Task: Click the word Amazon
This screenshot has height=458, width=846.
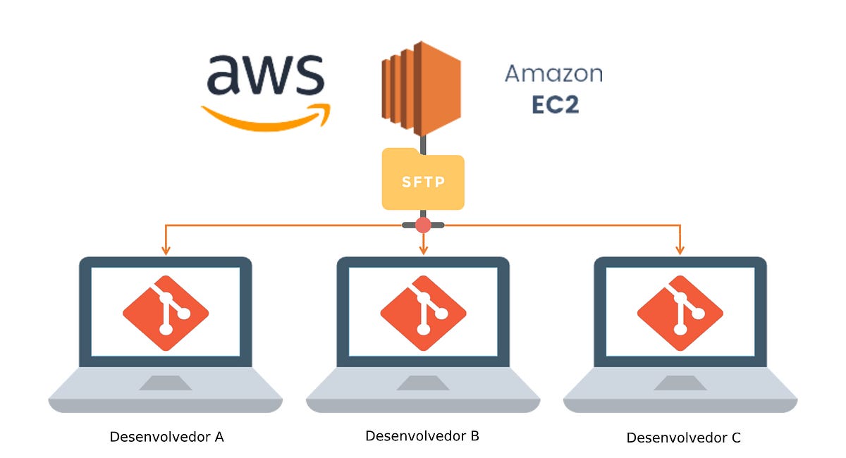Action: [553, 73]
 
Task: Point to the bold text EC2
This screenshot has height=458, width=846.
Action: [554, 105]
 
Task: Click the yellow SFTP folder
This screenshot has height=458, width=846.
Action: [423, 181]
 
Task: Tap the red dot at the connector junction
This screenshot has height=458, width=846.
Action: [423, 225]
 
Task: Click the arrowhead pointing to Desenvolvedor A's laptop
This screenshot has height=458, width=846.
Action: [166, 249]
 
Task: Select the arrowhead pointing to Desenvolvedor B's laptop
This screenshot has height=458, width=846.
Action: [423, 249]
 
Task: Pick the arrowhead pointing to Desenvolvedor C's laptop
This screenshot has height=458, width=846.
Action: [680, 249]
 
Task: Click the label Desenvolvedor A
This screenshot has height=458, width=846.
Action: [166, 437]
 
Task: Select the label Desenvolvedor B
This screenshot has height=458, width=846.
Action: [422, 436]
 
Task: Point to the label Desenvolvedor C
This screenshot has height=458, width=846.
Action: [683, 438]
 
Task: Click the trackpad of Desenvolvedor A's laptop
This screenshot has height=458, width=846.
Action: [166, 383]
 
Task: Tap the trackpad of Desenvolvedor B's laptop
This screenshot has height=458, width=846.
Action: [423, 383]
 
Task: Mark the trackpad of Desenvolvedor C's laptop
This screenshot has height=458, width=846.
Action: [680, 383]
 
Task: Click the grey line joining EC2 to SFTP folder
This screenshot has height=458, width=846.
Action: [423, 143]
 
